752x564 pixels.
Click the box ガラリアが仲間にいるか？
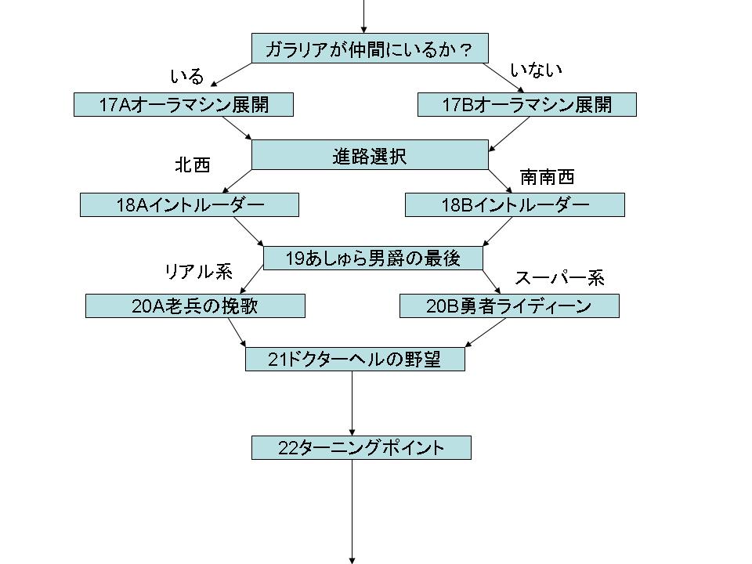click(369, 49)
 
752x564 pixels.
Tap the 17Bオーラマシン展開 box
click(526, 104)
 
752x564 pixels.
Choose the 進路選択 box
click(369, 154)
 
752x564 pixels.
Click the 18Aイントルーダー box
click(189, 205)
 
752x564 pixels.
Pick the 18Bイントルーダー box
click(514, 205)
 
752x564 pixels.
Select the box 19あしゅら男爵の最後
click(372, 258)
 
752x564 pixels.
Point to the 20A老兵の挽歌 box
click(194, 306)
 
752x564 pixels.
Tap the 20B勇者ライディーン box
click(508, 306)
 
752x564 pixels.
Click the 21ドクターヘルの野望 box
click(354, 360)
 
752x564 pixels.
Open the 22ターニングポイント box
click(360, 448)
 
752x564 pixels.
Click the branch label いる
click(186, 77)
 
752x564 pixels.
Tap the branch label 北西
click(192, 165)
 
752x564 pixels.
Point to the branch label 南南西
click(547, 177)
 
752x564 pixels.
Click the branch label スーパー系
click(559, 278)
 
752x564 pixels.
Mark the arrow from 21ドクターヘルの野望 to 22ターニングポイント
click(352, 403)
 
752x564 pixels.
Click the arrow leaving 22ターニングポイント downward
click(352, 509)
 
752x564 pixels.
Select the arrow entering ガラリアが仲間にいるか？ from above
click(363, 16)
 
